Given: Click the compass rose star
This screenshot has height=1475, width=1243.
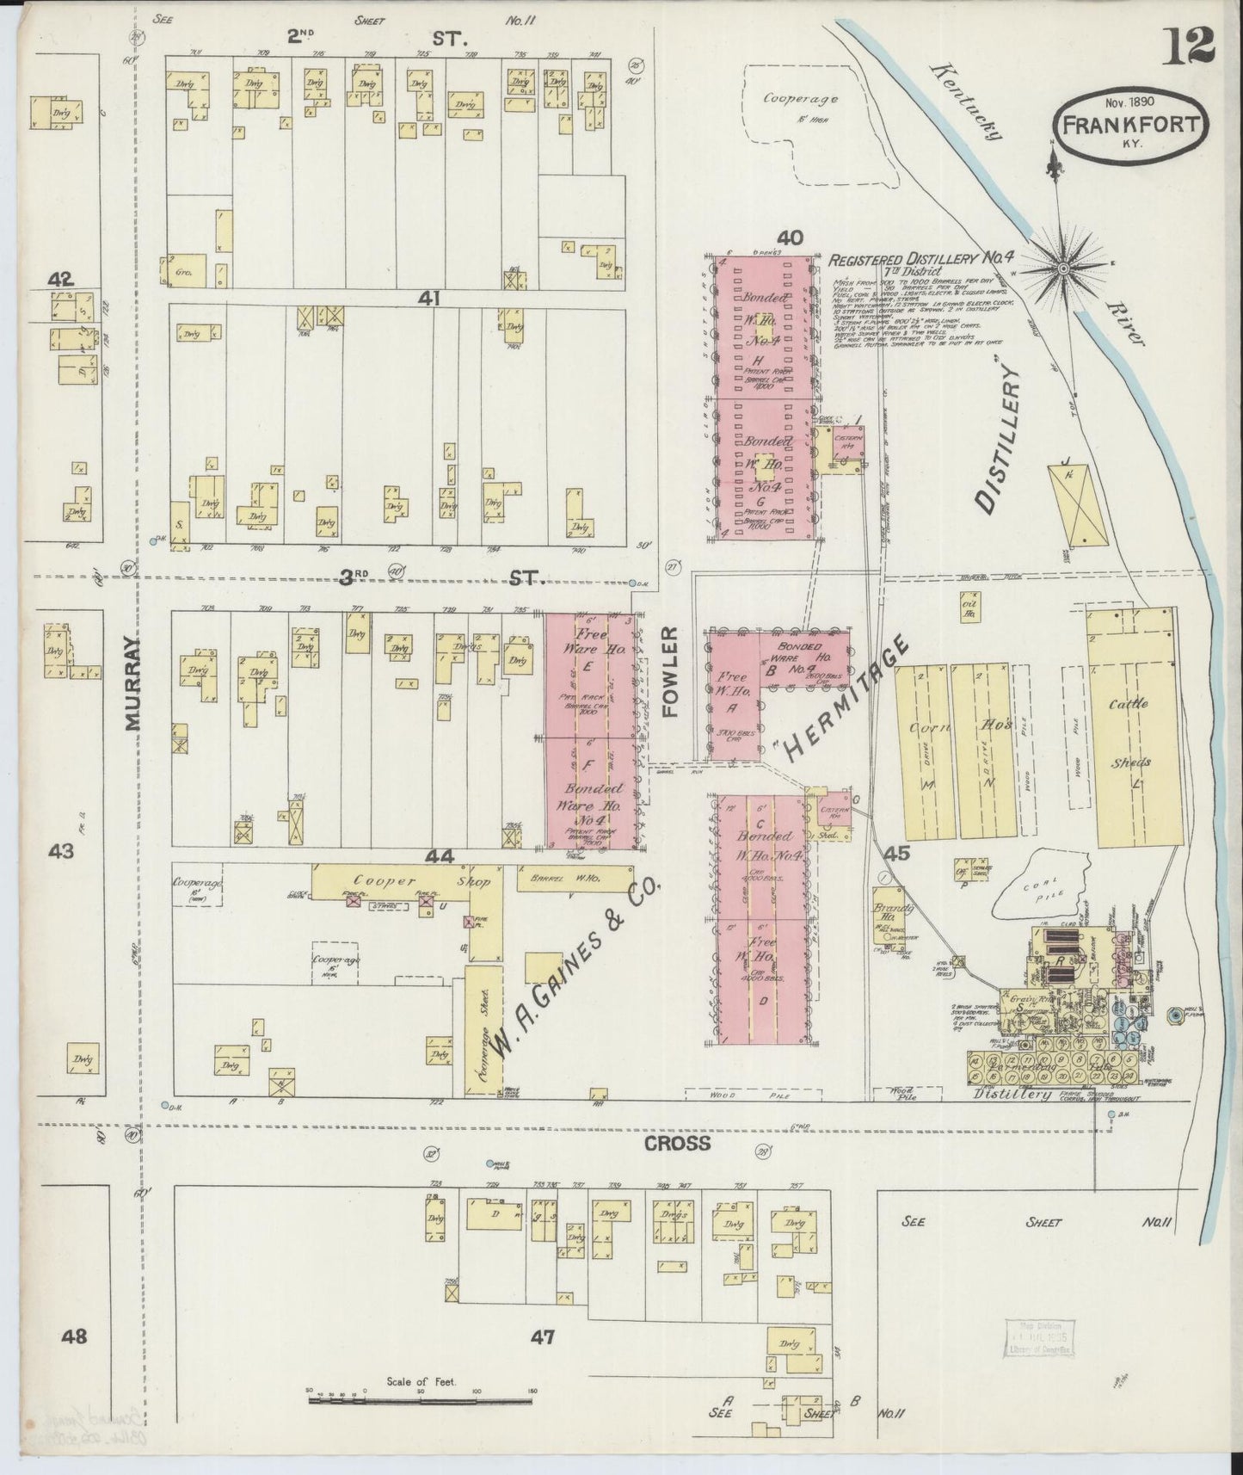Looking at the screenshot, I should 1062,268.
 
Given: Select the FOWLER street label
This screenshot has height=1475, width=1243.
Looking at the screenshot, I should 672,671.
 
